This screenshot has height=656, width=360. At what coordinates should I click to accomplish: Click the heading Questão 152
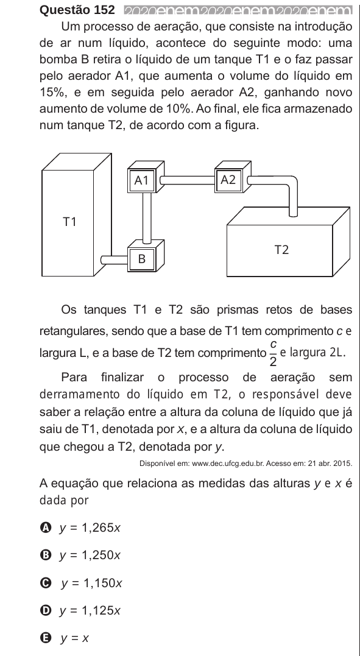77,9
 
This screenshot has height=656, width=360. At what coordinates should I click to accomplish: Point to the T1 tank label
69,222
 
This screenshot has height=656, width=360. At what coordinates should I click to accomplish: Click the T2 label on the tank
281,250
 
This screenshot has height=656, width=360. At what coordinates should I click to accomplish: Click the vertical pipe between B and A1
147,217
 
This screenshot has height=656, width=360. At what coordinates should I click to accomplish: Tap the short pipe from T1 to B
114,260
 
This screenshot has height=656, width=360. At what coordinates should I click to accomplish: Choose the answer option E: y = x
65,638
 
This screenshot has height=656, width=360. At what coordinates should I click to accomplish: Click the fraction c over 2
273,353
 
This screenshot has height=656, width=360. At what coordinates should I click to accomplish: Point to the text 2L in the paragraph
338,352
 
